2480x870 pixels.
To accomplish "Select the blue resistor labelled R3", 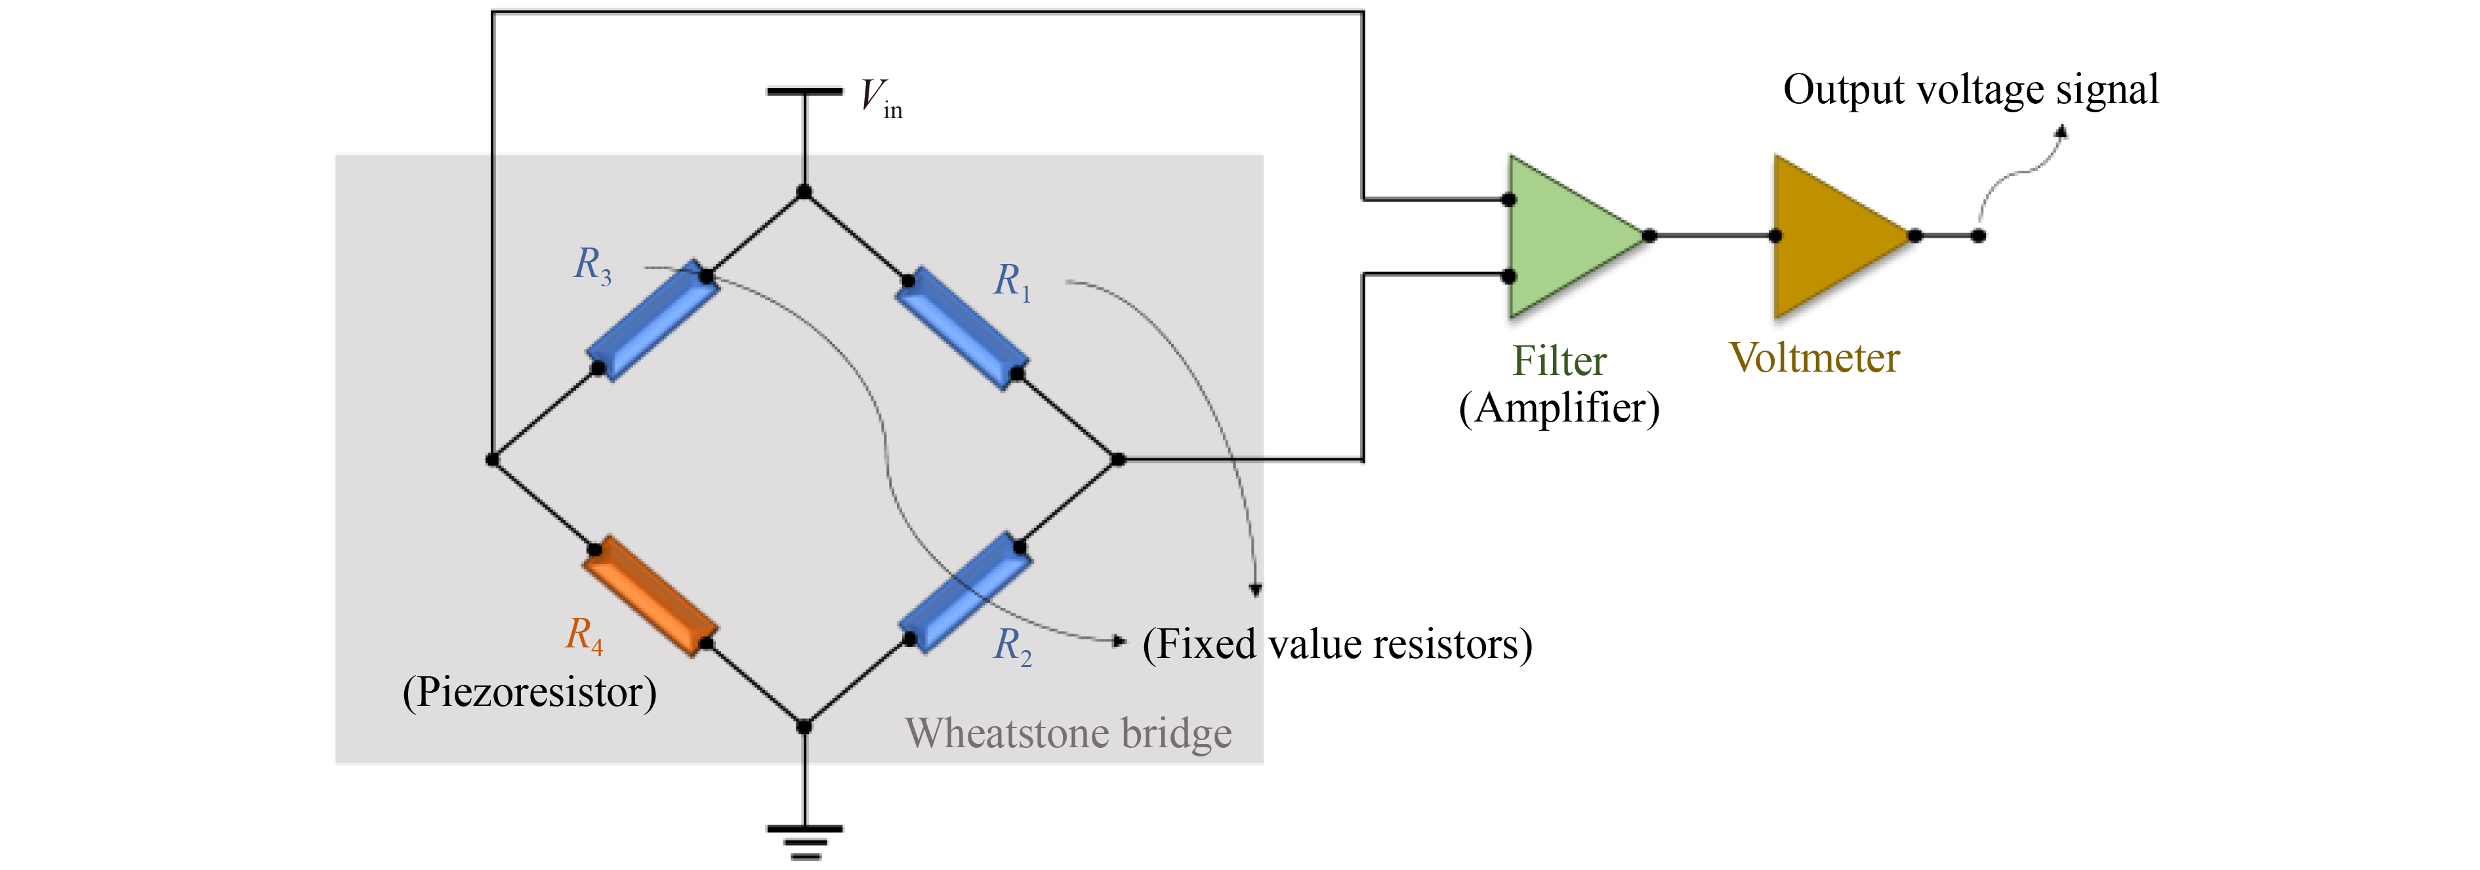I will pos(653,321).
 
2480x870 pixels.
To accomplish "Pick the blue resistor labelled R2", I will pos(964,592).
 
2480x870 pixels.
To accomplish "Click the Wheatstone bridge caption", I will pos(1067,733).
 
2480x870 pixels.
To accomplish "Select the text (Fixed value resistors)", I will pos(1336,643).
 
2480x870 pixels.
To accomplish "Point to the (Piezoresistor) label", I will pos(529,692).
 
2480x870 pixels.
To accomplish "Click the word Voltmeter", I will pos(1814,357).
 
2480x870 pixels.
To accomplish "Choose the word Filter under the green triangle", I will pos(1559,361).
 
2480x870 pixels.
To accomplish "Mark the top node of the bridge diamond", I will pos(804,192).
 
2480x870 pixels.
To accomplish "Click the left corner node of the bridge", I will pos(492,460).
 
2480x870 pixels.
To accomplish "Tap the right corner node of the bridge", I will pos(1118,460).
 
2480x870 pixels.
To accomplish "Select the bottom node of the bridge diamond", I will pos(804,726).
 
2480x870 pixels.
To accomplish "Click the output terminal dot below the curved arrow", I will pos(1978,236).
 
